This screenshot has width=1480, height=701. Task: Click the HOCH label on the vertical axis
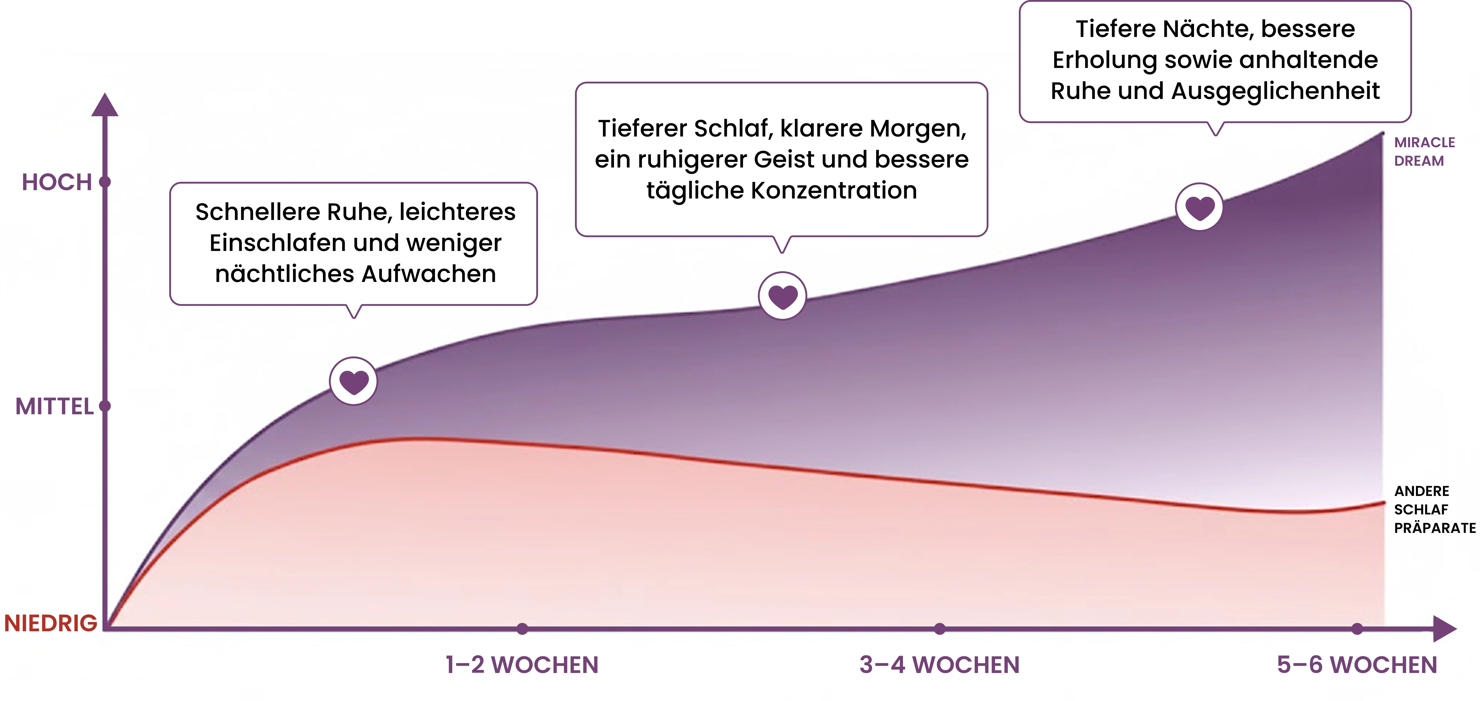57,182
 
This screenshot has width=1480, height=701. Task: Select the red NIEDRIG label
51,623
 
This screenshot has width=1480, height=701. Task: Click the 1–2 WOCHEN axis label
522,665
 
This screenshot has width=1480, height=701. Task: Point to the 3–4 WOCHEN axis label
939,665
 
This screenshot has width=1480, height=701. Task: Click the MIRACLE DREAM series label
1424,152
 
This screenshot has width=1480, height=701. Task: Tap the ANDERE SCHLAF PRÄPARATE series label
1435,510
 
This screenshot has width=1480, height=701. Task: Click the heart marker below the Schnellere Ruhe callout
353,381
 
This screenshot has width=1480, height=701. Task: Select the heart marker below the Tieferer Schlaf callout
783,296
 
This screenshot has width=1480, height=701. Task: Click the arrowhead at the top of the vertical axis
105,105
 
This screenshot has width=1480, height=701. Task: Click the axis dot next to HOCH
105,182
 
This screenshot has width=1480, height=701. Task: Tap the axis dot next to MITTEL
105,406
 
